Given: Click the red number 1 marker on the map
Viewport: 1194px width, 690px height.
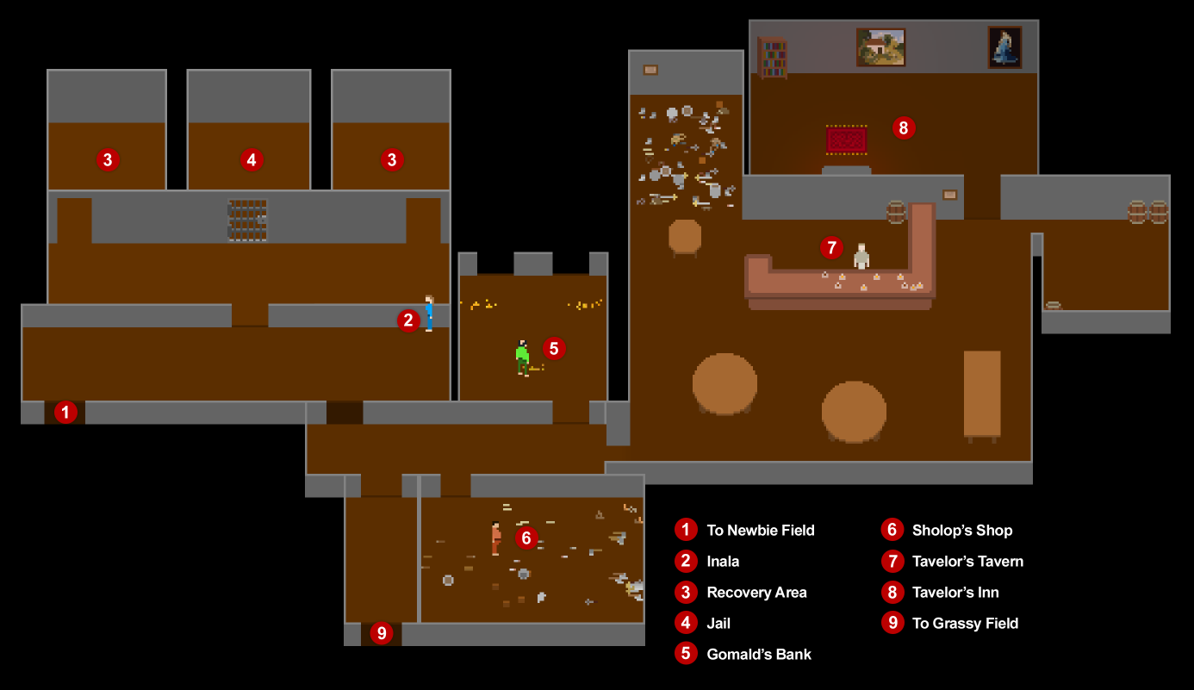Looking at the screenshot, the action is pos(65,413).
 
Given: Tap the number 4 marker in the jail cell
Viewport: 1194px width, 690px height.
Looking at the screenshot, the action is pos(252,160).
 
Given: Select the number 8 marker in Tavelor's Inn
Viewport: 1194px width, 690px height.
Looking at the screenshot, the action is pos(904,127).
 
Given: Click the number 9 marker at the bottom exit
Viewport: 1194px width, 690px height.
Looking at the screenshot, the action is pos(382,633).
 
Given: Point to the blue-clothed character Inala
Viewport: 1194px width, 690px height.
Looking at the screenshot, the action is pos(429,314).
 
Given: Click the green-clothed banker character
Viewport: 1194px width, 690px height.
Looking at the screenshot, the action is pos(522,358).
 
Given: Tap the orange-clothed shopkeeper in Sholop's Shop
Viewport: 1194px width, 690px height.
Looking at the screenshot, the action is pos(496,538).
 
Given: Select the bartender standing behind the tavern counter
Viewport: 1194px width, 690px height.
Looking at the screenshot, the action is pos(861,257).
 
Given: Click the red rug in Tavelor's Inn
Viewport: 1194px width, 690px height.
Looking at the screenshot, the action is pos(847,140).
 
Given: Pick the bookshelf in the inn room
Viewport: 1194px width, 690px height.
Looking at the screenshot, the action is pos(773,58).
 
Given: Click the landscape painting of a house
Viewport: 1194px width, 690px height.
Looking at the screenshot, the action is pos(880,47).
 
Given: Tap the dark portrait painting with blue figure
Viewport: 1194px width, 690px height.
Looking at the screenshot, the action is pos(1004,47).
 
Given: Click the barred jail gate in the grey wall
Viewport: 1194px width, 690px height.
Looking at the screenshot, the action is pos(247,220).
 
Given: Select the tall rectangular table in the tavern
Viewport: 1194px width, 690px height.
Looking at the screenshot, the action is pos(982,395).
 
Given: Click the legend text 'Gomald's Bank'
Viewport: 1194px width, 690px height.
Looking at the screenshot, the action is pos(759,655).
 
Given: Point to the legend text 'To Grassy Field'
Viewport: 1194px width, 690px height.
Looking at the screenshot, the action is pos(966,624).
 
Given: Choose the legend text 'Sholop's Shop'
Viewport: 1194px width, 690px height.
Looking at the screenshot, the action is pos(962,530).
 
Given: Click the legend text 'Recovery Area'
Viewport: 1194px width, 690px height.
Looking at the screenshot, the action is pos(756,593).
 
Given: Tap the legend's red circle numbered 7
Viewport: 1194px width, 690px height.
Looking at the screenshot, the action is pos(892,561).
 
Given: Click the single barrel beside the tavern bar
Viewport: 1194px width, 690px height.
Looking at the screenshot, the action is pos(896,212).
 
